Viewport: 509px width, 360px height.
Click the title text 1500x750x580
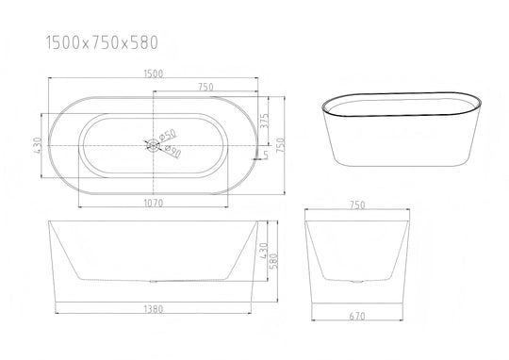102,42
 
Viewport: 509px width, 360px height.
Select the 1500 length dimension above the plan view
154,74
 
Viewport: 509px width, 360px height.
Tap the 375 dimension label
265,121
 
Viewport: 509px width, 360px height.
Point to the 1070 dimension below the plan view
154,203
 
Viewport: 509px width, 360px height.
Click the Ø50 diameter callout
168,135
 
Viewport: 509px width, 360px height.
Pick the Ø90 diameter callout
172,152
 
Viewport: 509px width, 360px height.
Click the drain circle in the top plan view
153,145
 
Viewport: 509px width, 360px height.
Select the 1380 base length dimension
154,309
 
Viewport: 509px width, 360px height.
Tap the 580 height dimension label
274,261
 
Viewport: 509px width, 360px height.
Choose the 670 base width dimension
357,316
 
